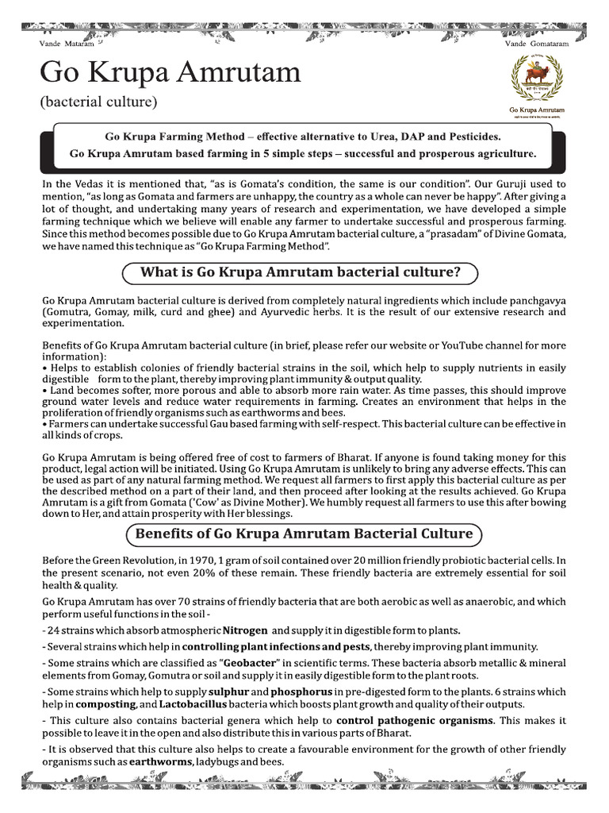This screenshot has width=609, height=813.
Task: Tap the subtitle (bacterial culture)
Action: point(98,102)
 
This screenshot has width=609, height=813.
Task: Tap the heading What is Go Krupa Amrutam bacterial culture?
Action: point(300,273)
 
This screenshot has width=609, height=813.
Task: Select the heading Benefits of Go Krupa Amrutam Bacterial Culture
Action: point(304,534)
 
